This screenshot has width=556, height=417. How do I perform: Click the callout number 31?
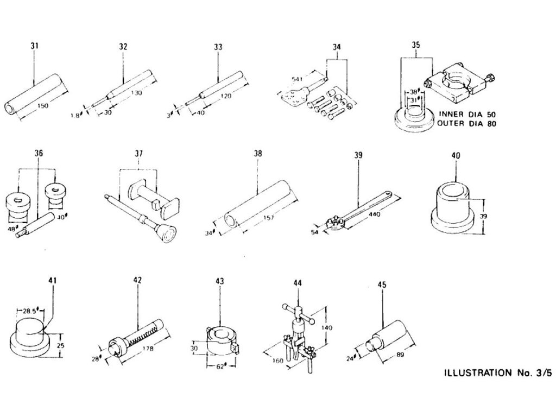click(34, 47)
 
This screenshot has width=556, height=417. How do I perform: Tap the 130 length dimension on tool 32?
click(136, 93)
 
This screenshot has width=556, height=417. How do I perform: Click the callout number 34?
click(337, 47)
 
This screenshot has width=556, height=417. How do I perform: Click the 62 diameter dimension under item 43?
click(221, 367)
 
